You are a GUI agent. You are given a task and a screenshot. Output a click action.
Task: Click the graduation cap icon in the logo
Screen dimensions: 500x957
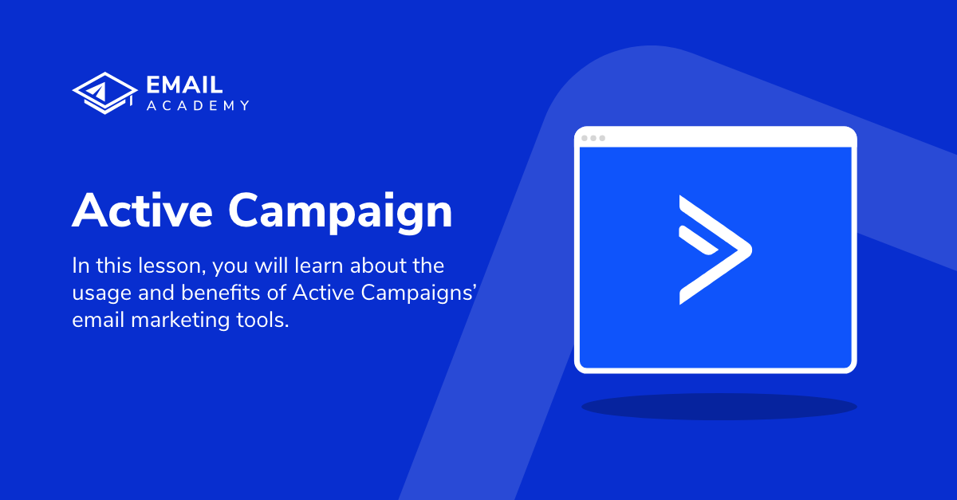pyautogui.click(x=100, y=93)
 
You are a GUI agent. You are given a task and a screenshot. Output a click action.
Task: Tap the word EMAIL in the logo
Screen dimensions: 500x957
pyautogui.click(x=185, y=85)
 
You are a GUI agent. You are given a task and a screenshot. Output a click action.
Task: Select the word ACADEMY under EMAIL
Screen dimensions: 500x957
pyautogui.click(x=198, y=106)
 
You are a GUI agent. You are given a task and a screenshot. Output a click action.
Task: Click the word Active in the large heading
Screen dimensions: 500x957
pyautogui.click(x=141, y=211)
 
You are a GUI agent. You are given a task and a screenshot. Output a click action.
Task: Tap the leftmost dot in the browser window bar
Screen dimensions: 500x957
pyautogui.click(x=585, y=138)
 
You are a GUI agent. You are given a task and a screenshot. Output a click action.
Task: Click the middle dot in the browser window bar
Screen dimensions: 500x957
pyautogui.click(x=593, y=138)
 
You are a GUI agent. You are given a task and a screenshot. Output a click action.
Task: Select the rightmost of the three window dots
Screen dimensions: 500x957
pyautogui.click(x=602, y=138)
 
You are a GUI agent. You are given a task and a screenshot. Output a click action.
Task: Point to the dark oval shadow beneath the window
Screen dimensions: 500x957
pyautogui.click(x=719, y=407)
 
